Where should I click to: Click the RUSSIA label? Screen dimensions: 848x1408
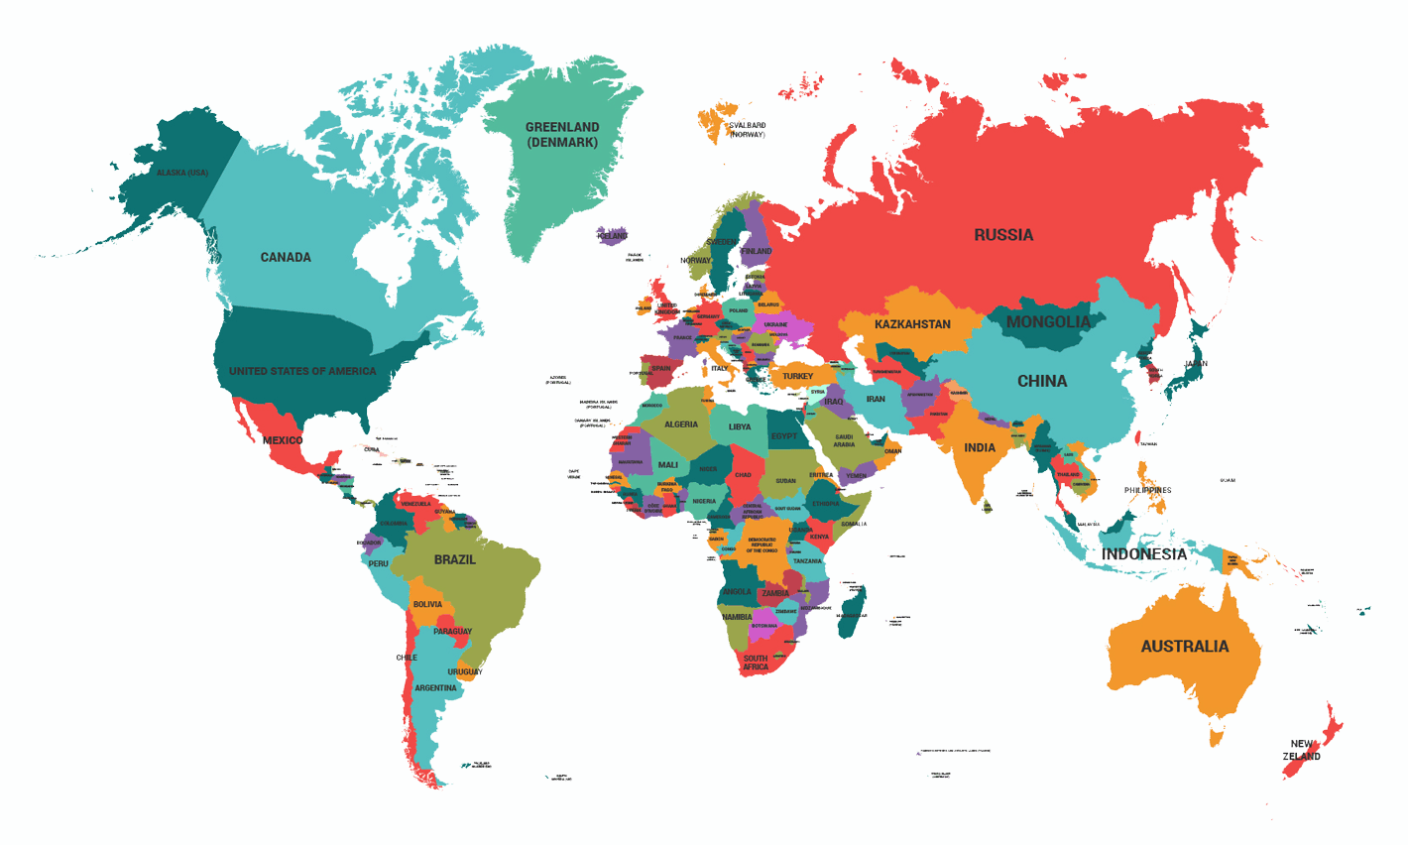point(1003,235)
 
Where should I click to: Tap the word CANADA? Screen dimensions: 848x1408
point(286,257)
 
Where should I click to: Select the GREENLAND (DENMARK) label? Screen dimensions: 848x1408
point(562,135)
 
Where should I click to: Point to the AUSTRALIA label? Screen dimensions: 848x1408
point(1184,647)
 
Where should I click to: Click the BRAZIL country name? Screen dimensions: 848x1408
point(455,559)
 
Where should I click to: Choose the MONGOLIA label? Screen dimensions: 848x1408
point(1048,322)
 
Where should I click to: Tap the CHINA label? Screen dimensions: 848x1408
point(1042,381)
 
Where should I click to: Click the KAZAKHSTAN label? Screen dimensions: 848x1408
point(912,324)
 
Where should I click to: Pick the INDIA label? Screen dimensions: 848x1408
point(980,447)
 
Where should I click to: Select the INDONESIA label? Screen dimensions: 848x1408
point(1143,553)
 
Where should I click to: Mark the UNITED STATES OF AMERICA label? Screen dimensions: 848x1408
point(302,371)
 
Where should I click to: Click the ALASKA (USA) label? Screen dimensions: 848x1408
point(182,173)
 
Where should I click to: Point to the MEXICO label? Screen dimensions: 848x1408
point(283,440)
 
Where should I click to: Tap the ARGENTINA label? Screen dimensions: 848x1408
point(436,687)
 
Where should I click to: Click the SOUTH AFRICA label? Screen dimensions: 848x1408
point(756,663)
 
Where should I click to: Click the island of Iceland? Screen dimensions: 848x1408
point(613,236)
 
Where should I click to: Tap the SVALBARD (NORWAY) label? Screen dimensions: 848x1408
point(747,130)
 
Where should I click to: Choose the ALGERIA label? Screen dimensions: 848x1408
point(681,424)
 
